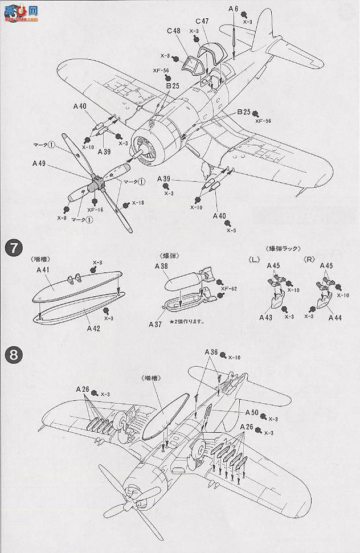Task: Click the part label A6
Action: click(x=233, y=9)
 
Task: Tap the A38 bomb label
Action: click(x=161, y=266)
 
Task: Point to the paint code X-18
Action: click(x=138, y=203)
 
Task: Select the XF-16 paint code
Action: click(x=95, y=210)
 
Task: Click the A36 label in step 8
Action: click(x=211, y=353)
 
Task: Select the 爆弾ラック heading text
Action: click(x=282, y=248)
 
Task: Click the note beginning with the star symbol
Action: click(x=186, y=321)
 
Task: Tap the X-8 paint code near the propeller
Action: click(x=62, y=217)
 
